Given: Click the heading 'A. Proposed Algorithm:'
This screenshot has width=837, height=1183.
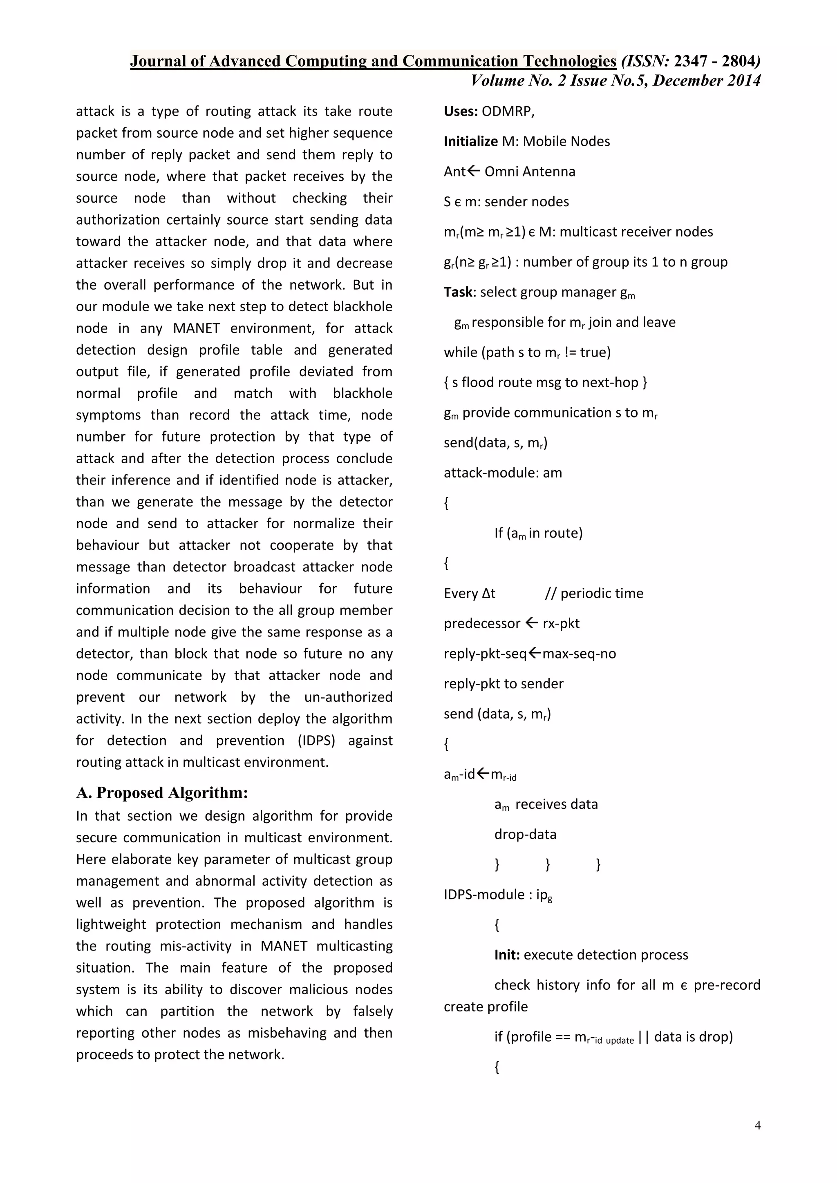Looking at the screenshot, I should point(162,792).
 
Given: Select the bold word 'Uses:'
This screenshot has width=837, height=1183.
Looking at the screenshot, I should point(461,111).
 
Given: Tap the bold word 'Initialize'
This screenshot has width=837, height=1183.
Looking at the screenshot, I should point(470,142).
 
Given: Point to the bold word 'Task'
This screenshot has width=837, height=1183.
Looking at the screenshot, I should point(458,292).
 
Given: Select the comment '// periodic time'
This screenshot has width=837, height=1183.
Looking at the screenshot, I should point(594,594).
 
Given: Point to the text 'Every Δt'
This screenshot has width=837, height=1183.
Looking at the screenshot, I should point(469,594).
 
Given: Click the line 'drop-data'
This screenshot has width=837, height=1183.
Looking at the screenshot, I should point(525,835).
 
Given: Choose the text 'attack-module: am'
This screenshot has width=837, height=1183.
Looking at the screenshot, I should point(503,473).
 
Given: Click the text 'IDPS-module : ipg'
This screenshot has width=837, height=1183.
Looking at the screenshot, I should point(498,895).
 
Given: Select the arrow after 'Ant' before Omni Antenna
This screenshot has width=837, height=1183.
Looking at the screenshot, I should point(474,170).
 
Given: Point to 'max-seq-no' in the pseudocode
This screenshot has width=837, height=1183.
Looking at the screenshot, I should point(579,654).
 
